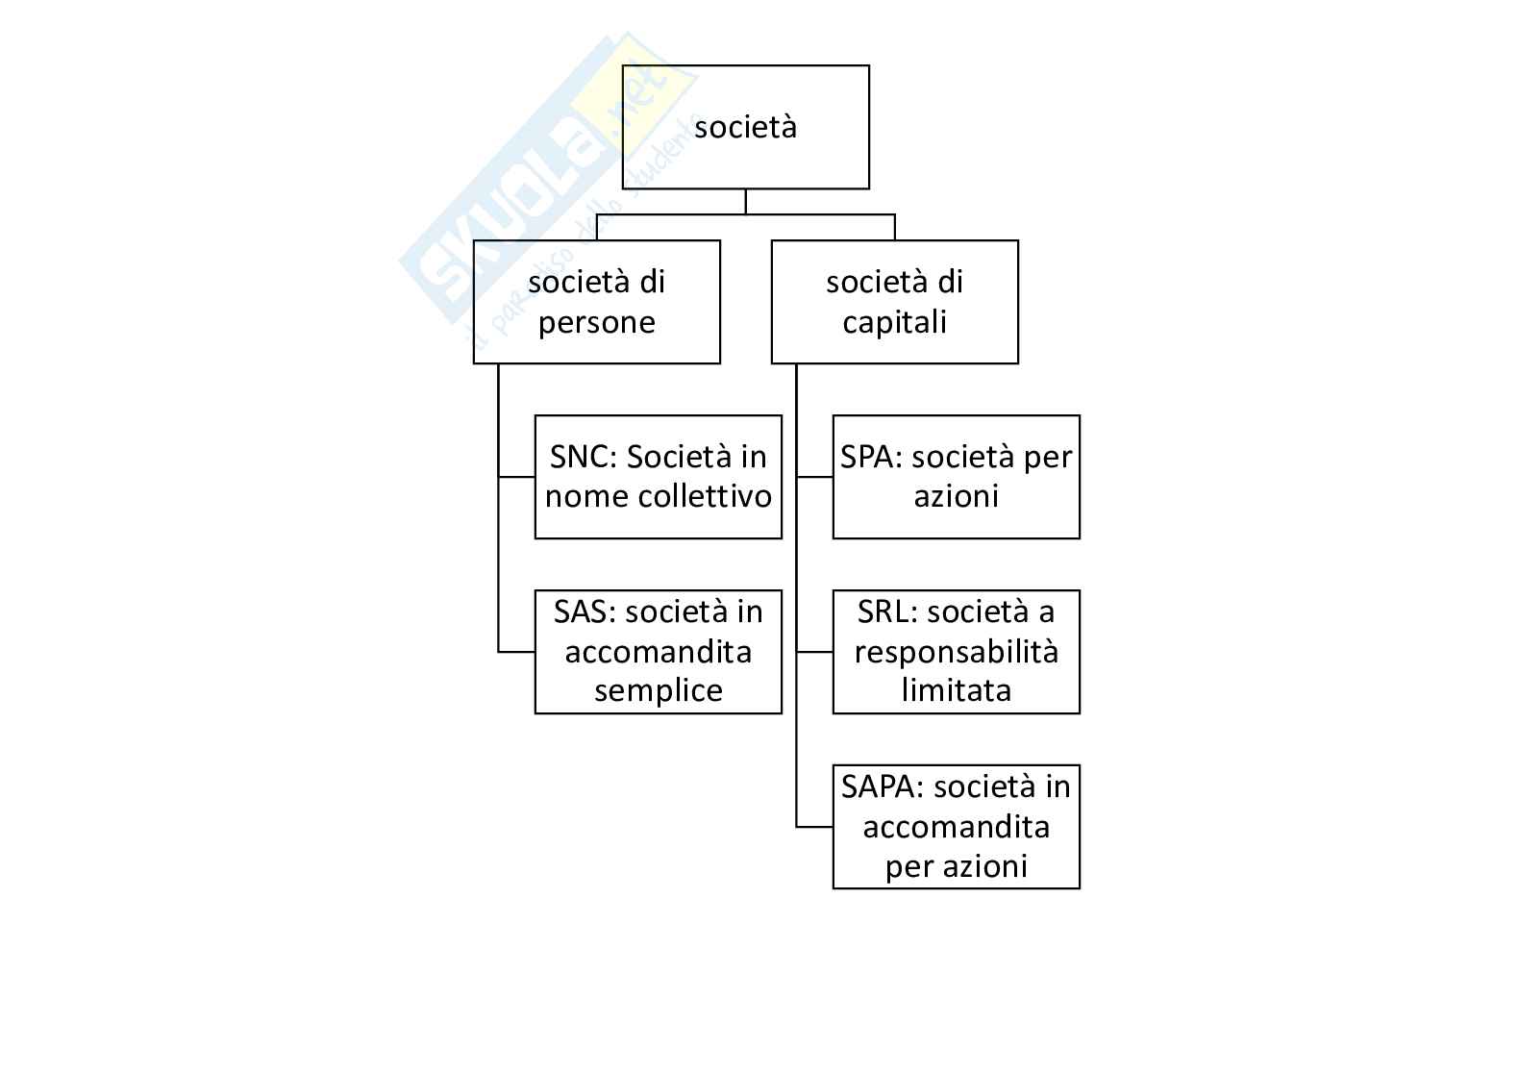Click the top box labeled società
745,127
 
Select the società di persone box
596,302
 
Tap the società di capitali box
894,302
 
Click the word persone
596,322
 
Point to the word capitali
894,322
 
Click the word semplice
658,691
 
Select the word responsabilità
956,652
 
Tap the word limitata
956,691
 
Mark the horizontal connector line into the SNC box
516,476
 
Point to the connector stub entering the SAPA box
814,826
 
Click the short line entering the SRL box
814,652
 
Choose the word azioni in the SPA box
956,497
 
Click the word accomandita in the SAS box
658,652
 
